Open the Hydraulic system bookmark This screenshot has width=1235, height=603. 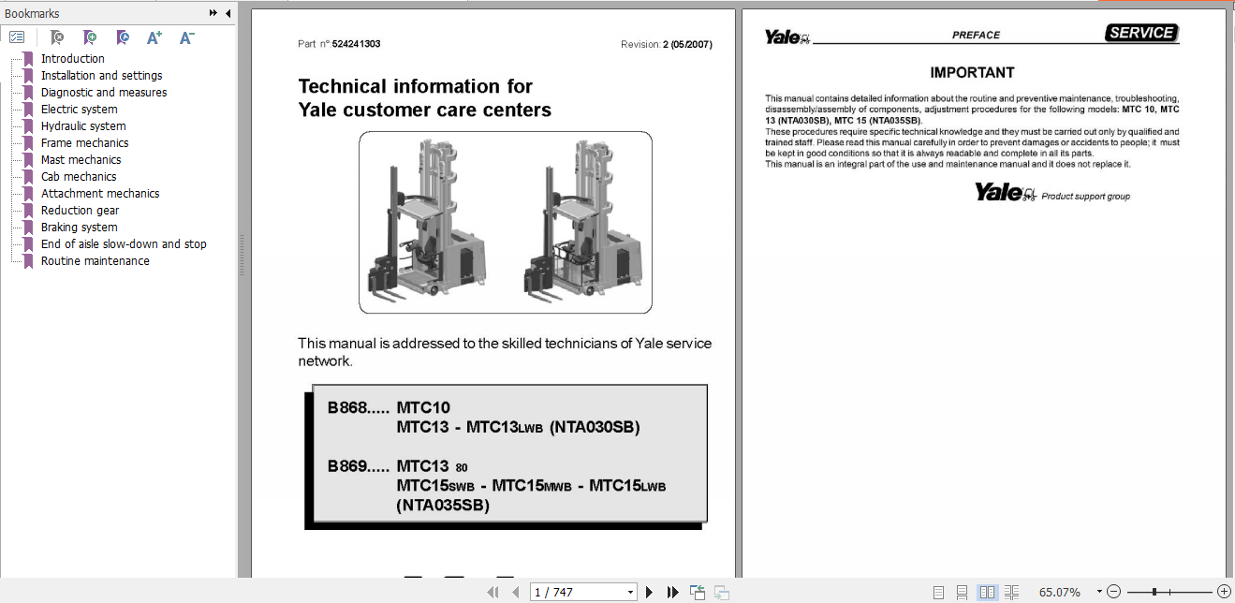coord(82,126)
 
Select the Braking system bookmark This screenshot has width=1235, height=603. coord(79,228)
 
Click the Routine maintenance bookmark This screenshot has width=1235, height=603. coord(95,261)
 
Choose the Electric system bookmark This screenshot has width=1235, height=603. coord(79,110)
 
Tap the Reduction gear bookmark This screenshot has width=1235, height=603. coord(80,211)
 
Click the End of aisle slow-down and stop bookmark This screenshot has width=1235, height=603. coord(123,244)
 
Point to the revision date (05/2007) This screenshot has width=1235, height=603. coord(691,44)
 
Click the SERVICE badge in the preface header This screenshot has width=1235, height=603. coord(1140,33)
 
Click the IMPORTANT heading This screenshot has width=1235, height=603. coord(972,72)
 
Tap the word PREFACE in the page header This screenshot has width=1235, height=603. coord(976,36)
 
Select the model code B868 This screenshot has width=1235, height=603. coord(346,407)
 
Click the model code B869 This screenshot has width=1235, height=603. coord(346,465)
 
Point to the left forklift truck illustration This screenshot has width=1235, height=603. coord(426,222)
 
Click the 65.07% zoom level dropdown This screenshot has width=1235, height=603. coord(1066,592)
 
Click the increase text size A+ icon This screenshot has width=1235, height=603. coord(154,37)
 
